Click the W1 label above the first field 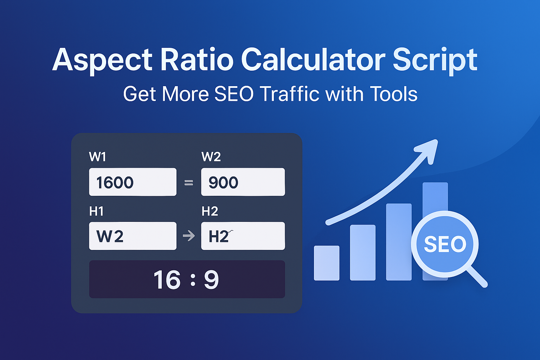(97, 157)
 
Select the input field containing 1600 (133, 182)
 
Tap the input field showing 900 (243, 182)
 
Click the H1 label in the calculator (96, 211)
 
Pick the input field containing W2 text (133, 236)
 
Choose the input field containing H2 (243, 236)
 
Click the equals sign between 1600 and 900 (189, 182)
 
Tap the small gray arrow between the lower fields (189, 236)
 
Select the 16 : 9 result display (187, 279)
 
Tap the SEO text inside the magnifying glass (445, 244)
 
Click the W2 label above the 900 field (211, 157)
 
